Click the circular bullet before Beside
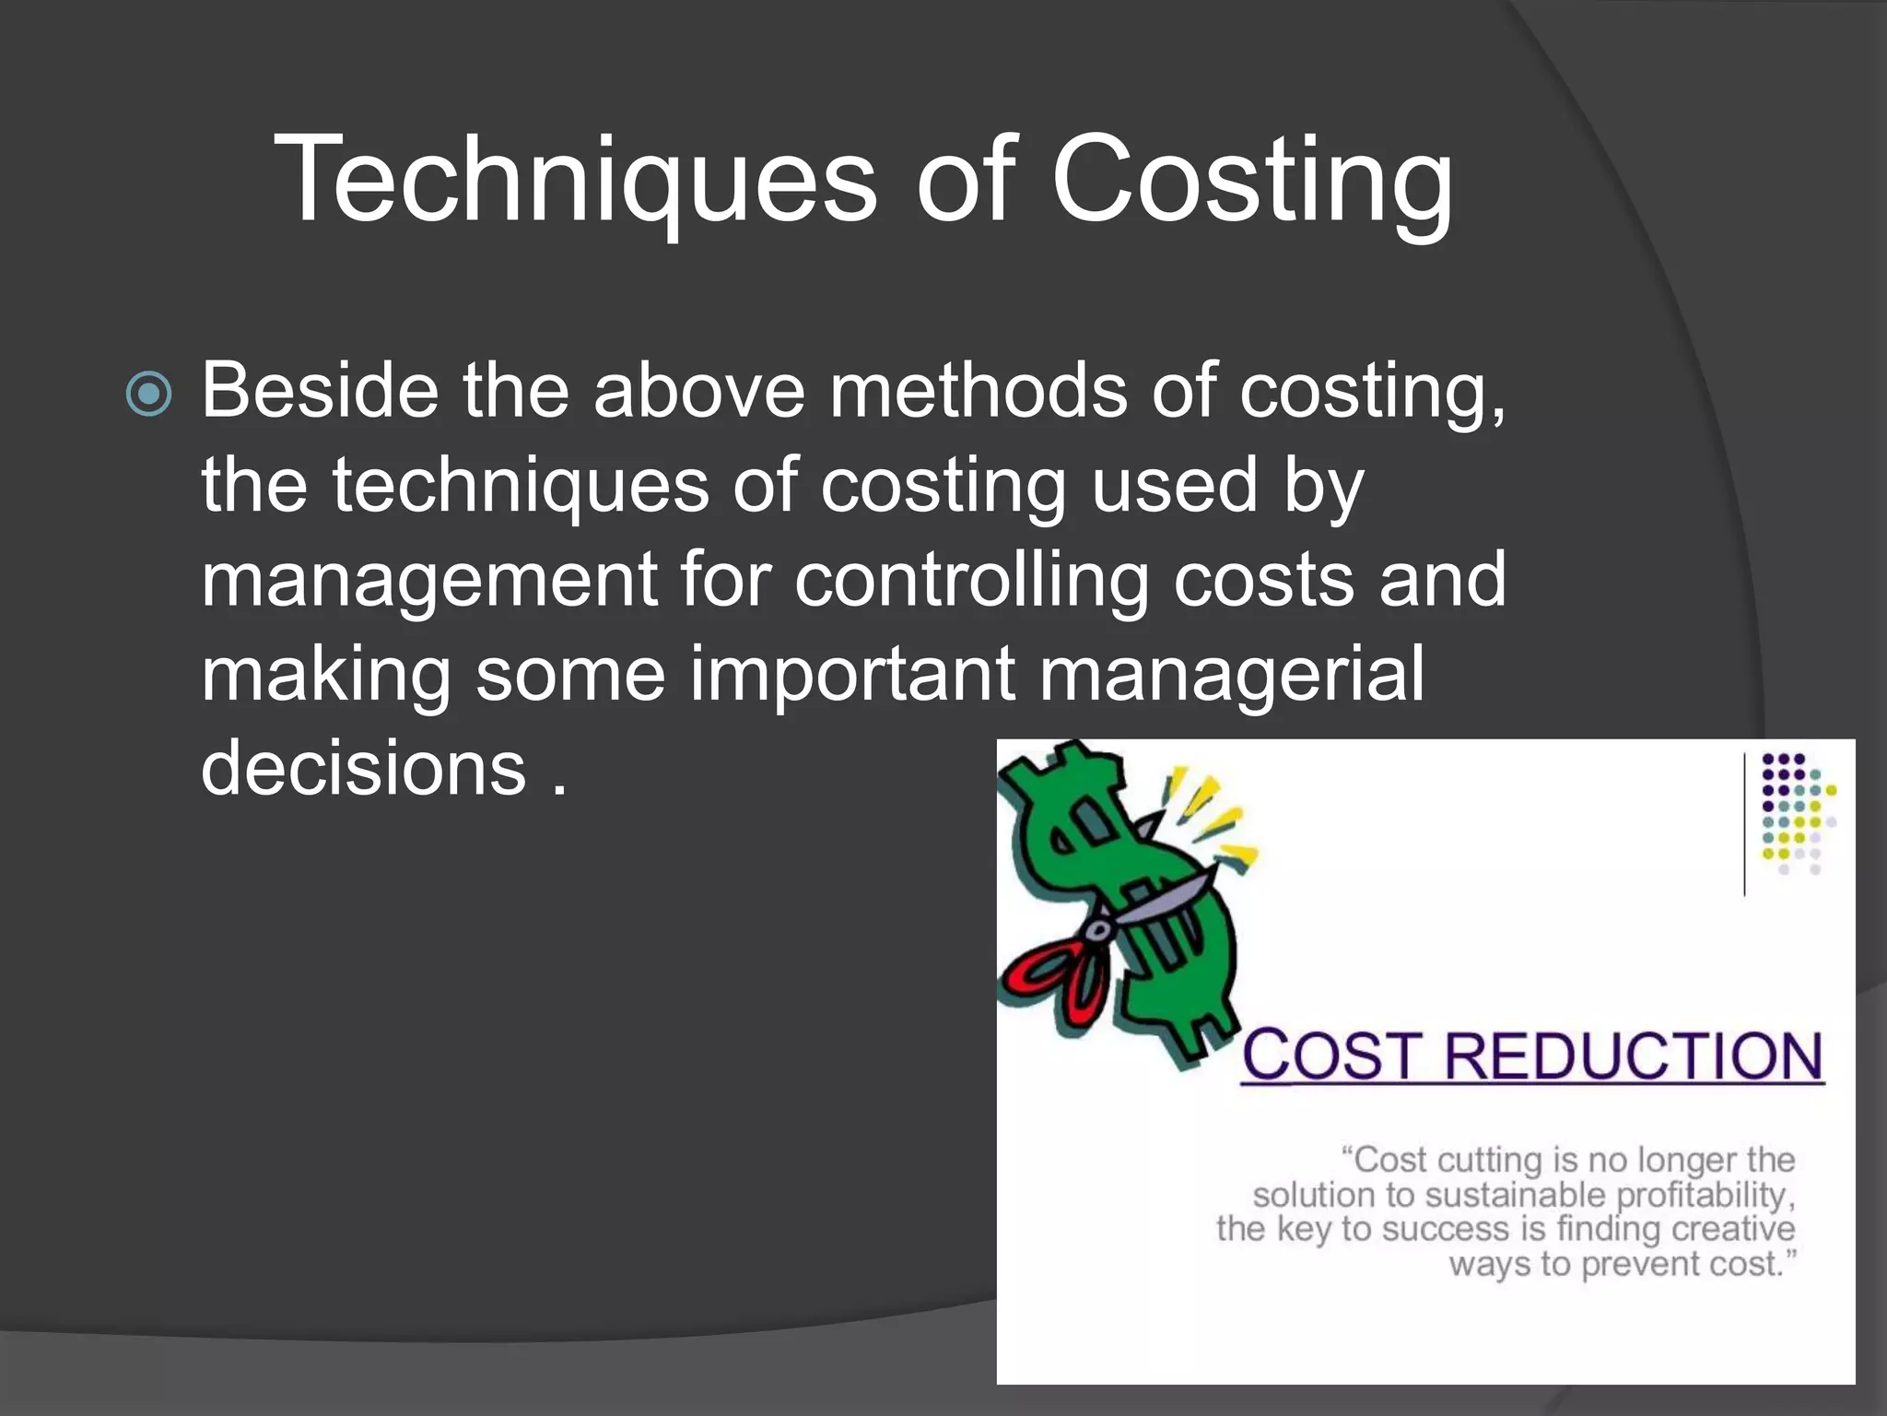point(148,394)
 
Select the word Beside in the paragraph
point(320,391)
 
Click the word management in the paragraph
point(429,581)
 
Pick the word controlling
point(972,581)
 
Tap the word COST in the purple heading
point(1331,1056)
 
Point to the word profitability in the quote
point(1705,1196)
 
